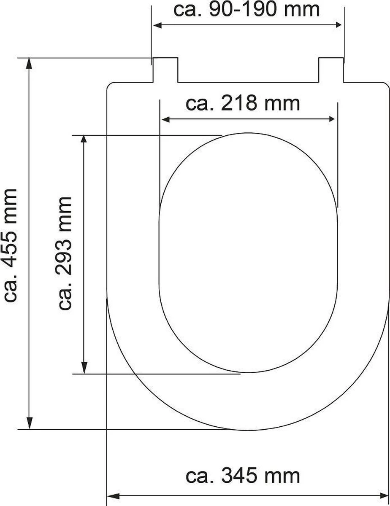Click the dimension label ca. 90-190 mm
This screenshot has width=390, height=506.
pos(247,10)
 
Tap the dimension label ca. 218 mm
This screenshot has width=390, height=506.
pos(243,104)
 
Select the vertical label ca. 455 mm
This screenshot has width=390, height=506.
pos(10,245)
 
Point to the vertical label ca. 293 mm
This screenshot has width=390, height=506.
pos(66,253)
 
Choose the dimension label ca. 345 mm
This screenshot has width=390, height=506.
pos(243,476)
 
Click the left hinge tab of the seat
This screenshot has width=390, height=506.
pos(165,70)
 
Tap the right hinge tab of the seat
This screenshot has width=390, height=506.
pos(330,70)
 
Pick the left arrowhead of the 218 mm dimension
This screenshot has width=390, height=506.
pos(165,120)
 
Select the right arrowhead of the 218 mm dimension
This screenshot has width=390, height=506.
pos(332,120)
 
